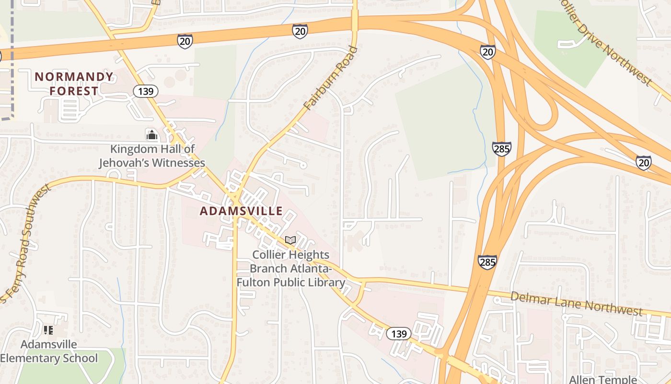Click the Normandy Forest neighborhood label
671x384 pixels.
point(74,84)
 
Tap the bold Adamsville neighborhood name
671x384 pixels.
point(241,211)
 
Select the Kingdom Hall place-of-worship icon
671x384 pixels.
point(152,134)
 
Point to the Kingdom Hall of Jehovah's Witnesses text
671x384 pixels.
point(152,156)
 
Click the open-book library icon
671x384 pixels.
point(290,240)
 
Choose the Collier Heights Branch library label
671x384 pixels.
point(290,268)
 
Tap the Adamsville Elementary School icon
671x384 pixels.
point(48,330)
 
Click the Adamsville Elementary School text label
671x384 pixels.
point(49,351)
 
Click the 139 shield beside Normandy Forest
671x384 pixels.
point(146,91)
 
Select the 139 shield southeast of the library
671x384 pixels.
point(399,334)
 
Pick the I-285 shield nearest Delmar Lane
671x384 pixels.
point(487,262)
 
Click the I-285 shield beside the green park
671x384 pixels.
point(501,149)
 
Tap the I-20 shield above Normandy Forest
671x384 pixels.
point(185,41)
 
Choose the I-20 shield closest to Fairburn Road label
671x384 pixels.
point(300,31)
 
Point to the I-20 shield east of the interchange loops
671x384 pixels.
point(644,163)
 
